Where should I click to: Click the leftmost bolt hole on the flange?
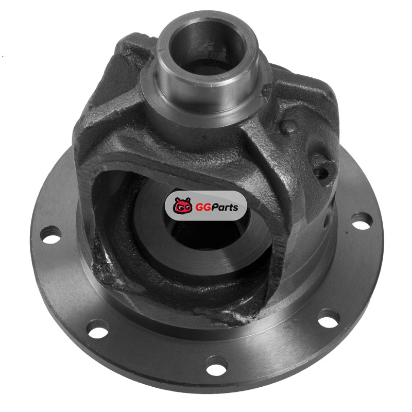(x=51, y=235)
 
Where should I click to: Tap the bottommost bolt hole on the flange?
(x=216, y=366)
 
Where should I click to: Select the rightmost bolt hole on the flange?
(x=362, y=221)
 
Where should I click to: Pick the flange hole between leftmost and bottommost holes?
(x=98, y=329)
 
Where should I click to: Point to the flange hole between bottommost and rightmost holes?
(x=329, y=318)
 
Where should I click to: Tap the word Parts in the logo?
(x=224, y=208)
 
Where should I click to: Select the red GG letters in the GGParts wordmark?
(x=202, y=208)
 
